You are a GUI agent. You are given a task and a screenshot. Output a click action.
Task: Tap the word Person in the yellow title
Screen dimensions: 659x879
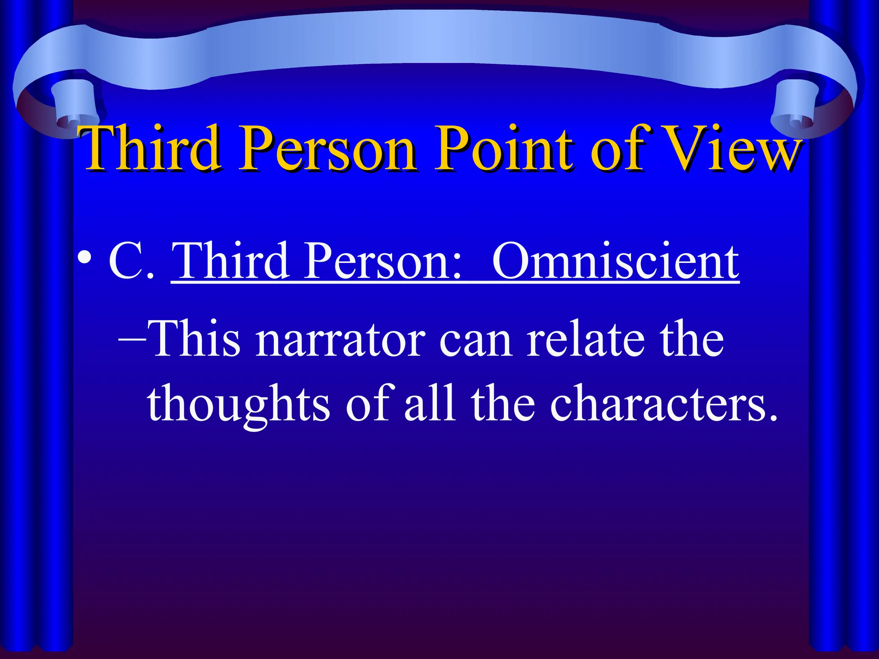click(327, 148)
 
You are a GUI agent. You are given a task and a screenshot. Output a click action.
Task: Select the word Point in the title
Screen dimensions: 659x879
click(504, 148)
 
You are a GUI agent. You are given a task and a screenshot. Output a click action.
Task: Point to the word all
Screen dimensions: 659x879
click(429, 403)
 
